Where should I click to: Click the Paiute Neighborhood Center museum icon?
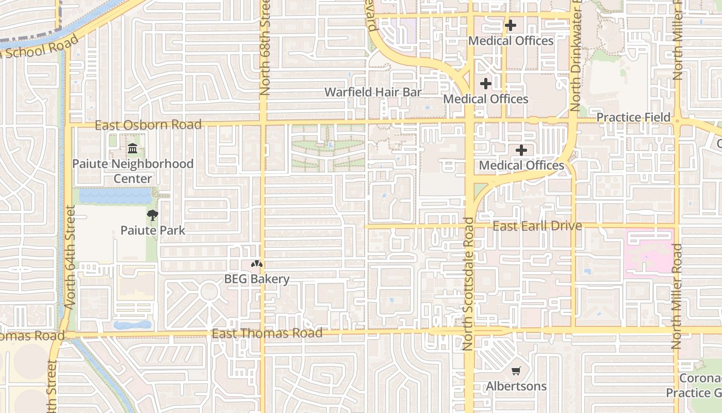(133, 149)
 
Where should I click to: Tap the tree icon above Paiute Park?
(152, 215)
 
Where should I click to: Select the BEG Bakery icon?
(256, 264)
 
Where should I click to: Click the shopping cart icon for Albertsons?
(516, 371)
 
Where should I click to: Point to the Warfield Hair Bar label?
(373, 92)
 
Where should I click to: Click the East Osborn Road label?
(148, 125)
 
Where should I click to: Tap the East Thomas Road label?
(267, 333)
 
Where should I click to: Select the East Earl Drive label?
(537, 226)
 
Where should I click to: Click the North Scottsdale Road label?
(468, 284)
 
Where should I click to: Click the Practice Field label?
(633, 118)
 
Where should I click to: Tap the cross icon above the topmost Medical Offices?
(511, 25)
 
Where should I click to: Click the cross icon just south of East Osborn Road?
(521, 150)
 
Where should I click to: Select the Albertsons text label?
(516, 386)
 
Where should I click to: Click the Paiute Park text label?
(153, 230)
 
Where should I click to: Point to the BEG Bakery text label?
(257, 279)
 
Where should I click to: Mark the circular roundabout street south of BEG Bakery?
(209, 292)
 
